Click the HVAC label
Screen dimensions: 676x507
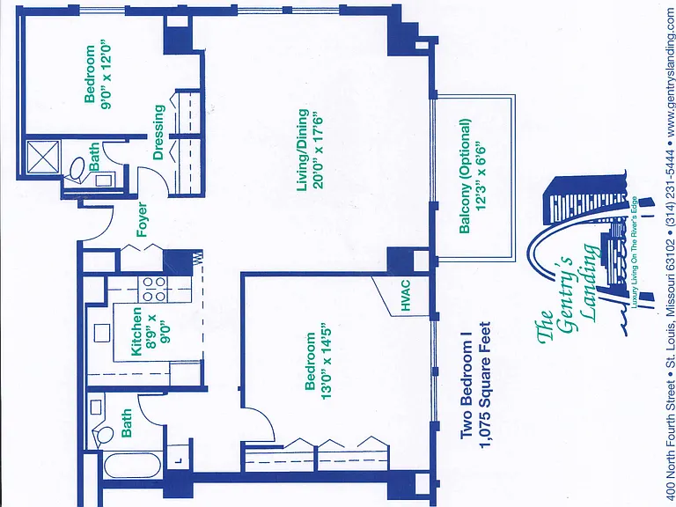[x=405, y=296]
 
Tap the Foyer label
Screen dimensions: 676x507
[x=142, y=219]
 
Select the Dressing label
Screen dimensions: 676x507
[x=159, y=132]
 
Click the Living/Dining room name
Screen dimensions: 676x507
[x=304, y=150]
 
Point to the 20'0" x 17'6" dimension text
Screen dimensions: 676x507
[x=318, y=151]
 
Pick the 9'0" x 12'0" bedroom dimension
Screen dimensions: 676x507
[x=106, y=77]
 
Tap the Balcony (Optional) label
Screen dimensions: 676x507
[x=465, y=176]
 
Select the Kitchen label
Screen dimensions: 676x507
[x=136, y=331]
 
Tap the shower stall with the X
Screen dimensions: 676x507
[x=43, y=158]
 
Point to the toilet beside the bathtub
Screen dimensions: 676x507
[x=104, y=435]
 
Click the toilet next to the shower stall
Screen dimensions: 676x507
[x=77, y=168]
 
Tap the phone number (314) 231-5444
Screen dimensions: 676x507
[x=671, y=188]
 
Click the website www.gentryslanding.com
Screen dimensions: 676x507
[x=671, y=70]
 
